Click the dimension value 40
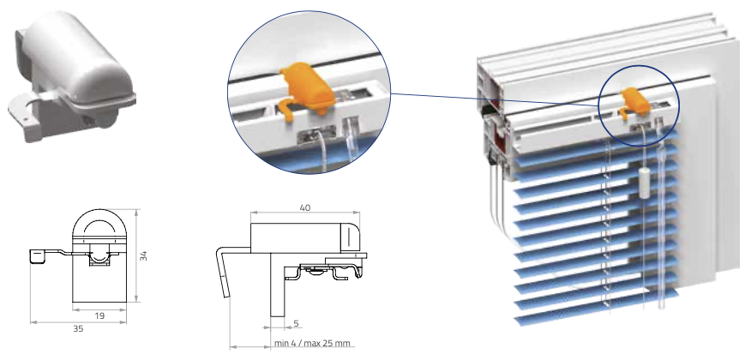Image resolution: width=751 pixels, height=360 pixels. point(304,207)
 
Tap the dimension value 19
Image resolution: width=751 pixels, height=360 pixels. point(99,316)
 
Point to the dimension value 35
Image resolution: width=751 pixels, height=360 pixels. point(78,329)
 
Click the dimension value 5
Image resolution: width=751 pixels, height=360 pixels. point(296,324)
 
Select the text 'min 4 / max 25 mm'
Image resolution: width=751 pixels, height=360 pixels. point(312,343)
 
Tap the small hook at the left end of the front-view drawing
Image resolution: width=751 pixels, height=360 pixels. point(39,256)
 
